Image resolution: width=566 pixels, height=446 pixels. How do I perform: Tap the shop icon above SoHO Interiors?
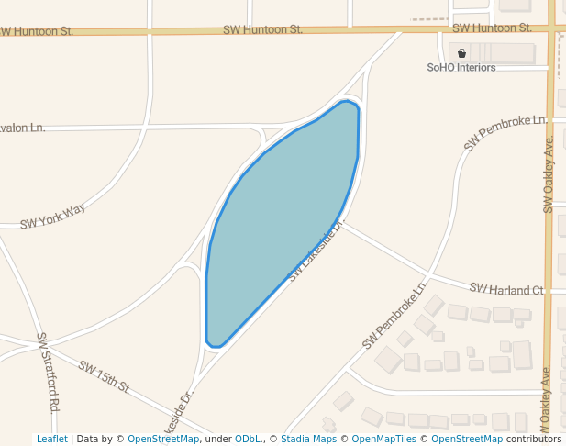[x=461, y=52]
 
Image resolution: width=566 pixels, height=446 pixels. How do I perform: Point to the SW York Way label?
[x=52, y=216]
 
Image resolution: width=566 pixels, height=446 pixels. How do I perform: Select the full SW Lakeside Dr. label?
[x=316, y=251]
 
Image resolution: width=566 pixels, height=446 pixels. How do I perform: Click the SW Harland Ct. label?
[x=506, y=289]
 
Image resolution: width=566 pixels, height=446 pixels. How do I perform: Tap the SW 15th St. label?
[x=104, y=376]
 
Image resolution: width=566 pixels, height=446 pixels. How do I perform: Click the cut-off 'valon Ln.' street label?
[x=23, y=128]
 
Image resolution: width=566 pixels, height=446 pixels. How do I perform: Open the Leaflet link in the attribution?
[x=51, y=439]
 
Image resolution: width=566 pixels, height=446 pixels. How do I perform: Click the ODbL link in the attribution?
[x=248, y=439]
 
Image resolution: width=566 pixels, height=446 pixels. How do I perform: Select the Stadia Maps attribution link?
[x=308, y=439]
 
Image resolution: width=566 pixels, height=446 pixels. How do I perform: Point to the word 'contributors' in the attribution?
[x=533, y=439]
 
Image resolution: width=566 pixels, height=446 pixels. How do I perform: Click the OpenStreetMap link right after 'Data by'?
[x=162, y=439]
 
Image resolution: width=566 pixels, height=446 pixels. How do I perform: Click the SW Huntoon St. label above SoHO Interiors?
[x=492, y=28]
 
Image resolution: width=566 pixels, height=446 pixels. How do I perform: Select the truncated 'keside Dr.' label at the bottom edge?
[x=179, y=414]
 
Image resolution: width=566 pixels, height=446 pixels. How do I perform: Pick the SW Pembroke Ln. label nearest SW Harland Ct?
[x=395, y=315]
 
